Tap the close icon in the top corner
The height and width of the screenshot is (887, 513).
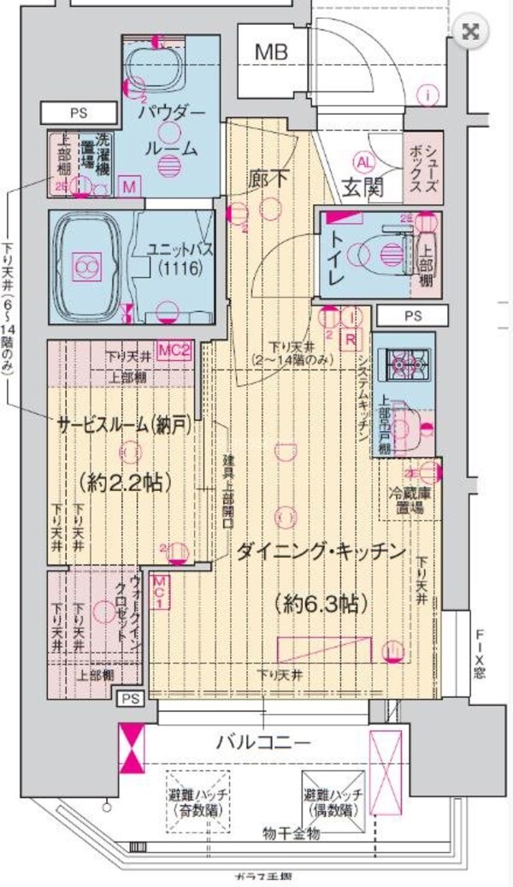pyautogui.click(x=469, y=33)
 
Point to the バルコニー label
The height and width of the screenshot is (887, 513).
pyautogui.click(x=262, y=740)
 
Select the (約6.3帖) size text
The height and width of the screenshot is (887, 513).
pyautogui.click(x=317, y=603)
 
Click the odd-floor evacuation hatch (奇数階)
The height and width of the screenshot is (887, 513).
pyautogui.click(x=198, y=801)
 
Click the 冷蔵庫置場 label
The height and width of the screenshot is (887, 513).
pyautogui.click(x=413, y=498)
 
